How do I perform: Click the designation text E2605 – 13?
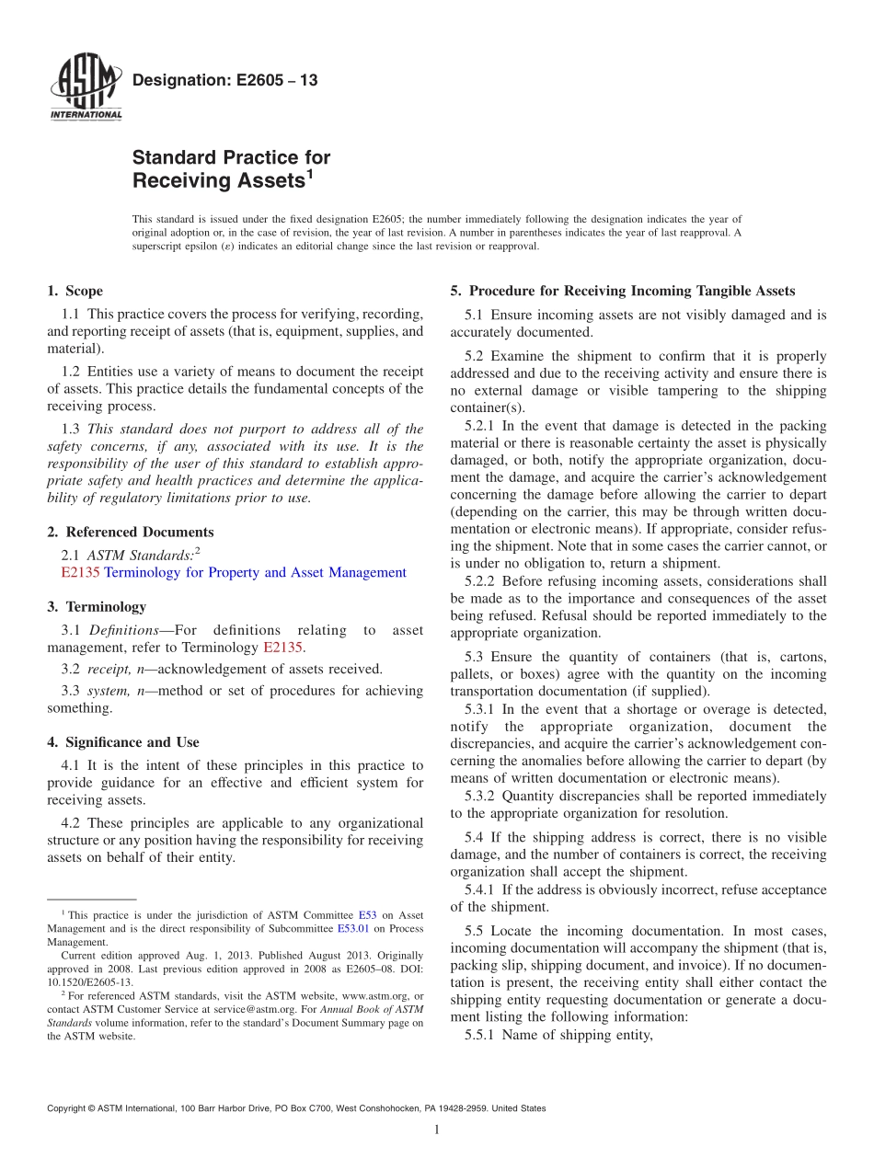pyautogui.click(x=224, y=81)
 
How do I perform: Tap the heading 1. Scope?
pyautogui.click(x=75, y=292)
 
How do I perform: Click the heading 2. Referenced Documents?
pyautogui.click(x=130, y=533)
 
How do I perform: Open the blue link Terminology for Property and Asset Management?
pyautogui.click(x=255, y=573)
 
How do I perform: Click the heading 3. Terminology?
pyautogui.click(x=97, y=607)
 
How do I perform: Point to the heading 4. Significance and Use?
pyautogui.click(x=123, y=742)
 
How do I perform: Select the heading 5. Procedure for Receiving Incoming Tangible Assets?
pyautogui.click(x=622, y=292)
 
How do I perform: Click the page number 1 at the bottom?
pyautogui.click(x=436, y=1130)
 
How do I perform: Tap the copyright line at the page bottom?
pyautogui.click(x=295, y=1108)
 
